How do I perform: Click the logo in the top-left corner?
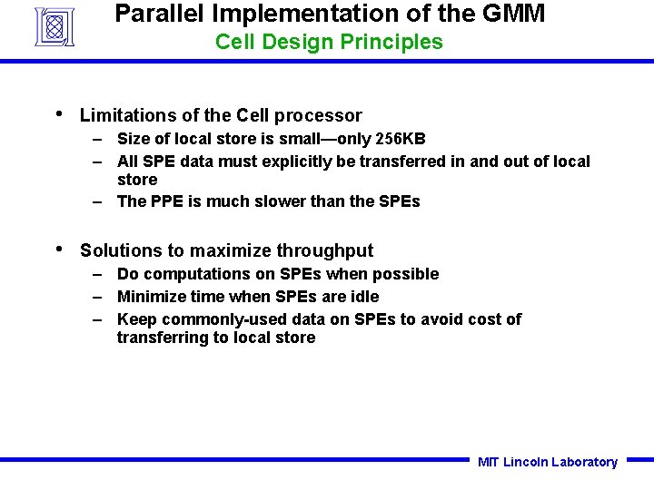click(54, 26)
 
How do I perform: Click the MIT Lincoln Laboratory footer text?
click(548, 462)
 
